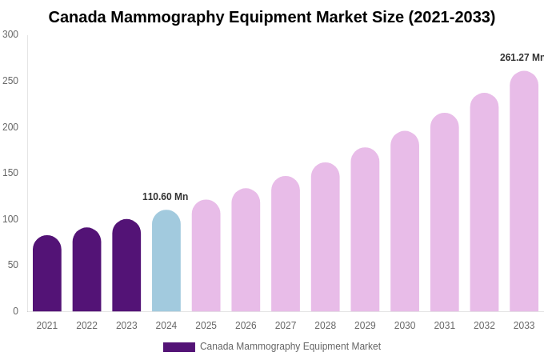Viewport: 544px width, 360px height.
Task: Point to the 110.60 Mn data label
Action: (165, 197)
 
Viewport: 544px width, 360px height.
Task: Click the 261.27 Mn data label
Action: (521, 58)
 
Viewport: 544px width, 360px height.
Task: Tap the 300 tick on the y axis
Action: (10, 34)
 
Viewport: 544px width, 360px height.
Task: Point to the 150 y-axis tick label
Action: (10, 173)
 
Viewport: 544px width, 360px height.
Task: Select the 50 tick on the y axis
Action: (13, 265)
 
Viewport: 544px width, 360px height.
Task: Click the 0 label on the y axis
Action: (15, 311)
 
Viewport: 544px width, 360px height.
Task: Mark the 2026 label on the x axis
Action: (246, 326)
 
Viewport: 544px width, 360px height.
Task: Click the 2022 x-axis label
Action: (86, 326)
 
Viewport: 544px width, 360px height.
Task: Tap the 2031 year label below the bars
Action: (445, 326)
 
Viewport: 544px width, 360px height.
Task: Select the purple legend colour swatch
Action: (179, 347)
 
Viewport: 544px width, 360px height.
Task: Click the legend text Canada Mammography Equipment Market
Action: (290, 346)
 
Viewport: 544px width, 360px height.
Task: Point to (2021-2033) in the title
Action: (452, 17)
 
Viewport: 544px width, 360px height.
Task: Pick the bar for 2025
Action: (206, 256)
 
